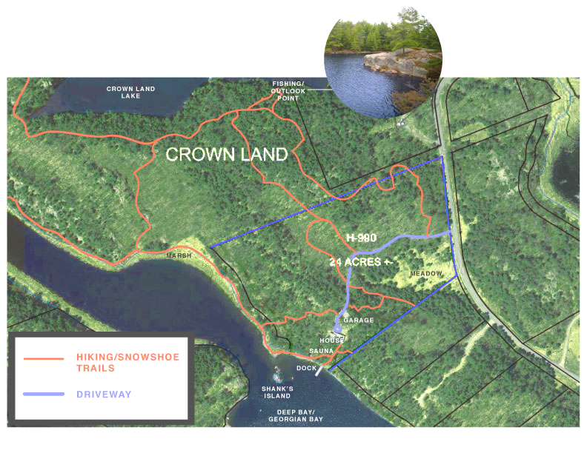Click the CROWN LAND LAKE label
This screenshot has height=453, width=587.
(130, 92)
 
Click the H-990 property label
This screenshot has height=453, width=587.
(362, 238)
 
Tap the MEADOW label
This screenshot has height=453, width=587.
(426, 274)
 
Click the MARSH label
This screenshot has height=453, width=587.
(179, 255)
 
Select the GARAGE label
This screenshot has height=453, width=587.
(358, 321)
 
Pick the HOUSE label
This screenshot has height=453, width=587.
(333, 340)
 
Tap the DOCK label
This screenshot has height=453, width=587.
(306, 368)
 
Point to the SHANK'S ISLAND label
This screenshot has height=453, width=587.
(279, 392)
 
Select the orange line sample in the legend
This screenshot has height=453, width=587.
(45, 360)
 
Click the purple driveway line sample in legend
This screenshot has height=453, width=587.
(45, 394)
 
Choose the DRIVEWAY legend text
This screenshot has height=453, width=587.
(104, 395)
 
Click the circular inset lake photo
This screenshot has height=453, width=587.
(383, 61)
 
